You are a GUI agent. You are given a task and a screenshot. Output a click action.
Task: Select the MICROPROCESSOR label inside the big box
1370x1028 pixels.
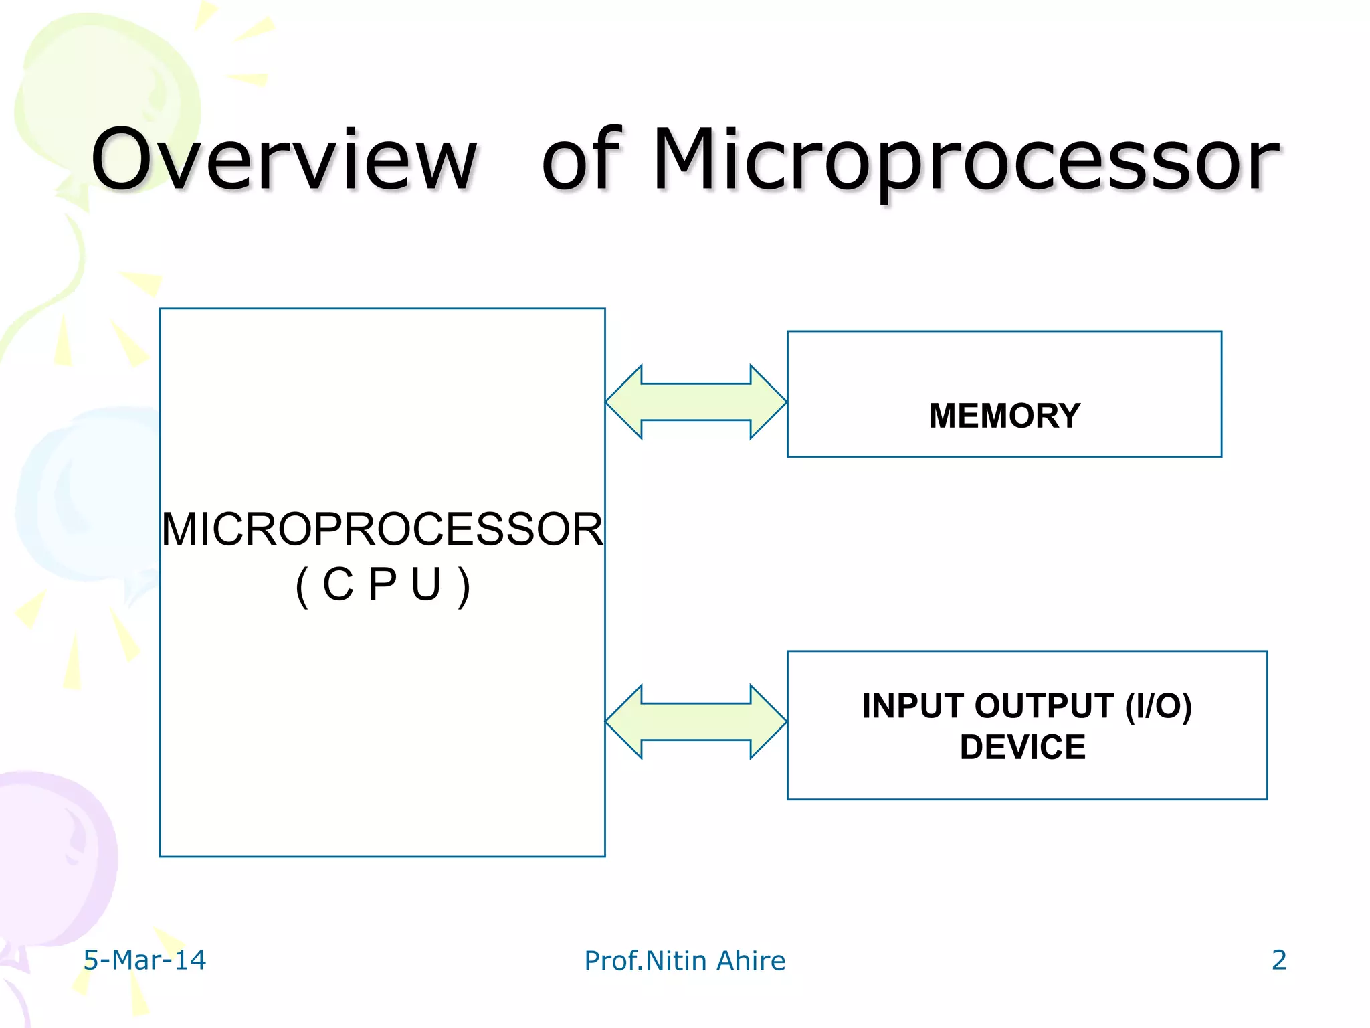(x=382, y=529)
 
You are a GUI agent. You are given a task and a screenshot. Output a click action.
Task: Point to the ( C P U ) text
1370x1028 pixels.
(x=382, y=584)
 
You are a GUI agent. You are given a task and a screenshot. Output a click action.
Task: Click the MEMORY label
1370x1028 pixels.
(x=1004, y=416)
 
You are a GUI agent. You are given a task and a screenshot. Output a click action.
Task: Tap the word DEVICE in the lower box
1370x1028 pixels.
(x=1022, y=747)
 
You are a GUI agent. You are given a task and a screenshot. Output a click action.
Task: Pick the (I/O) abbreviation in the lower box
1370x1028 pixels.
(x=1158, y=706)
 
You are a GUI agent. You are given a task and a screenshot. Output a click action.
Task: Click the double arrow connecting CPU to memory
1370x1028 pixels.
(x=696, y=402)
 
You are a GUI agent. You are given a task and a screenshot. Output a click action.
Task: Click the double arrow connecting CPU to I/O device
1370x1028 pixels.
(x=696, y=722)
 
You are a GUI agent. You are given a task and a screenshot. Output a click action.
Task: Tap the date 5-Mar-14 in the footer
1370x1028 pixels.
(x=144, y=960)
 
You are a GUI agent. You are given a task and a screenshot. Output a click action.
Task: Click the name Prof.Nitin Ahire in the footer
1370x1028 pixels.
(x=684, y=960)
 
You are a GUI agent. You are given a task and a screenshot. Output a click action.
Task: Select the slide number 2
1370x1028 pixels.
(x=1278, y=960)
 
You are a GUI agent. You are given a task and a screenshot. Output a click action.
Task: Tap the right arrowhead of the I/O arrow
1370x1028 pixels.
(x=767, y=722)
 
